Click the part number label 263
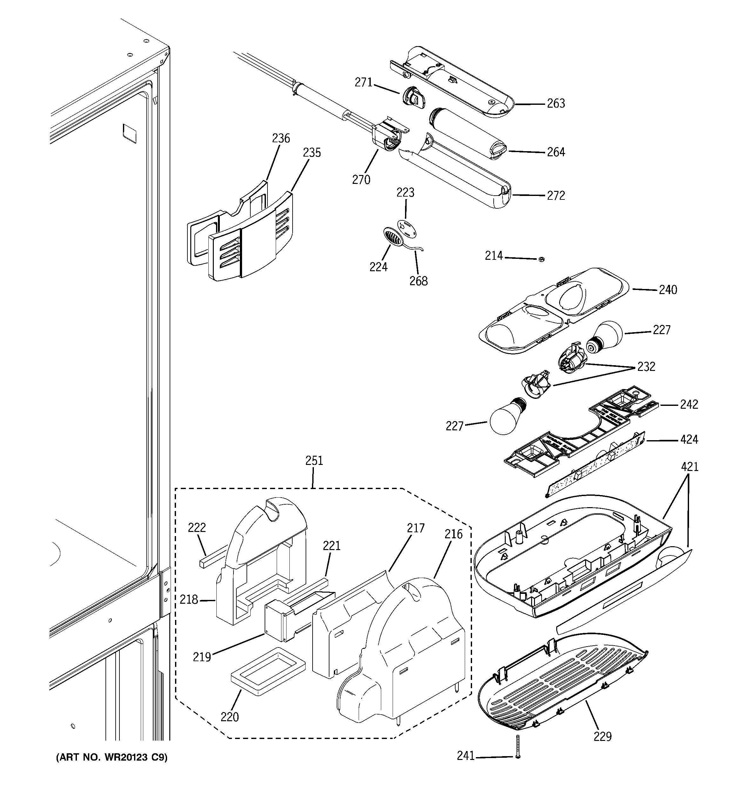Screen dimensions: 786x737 [x=556, y=104]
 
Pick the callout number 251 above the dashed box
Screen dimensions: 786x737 [x=314, y=460]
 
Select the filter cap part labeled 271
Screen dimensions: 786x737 [x=413, y=97]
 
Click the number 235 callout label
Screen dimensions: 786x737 [x=312, y=153]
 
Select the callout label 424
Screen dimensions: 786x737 [x=689, y=440]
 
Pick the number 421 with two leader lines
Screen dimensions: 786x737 [x=690, y=467]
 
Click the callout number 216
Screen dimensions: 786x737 [x=453, y=534]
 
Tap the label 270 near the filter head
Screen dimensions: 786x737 [x=361, y=180]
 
